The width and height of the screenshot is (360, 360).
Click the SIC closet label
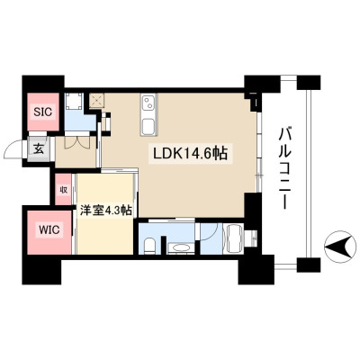42,112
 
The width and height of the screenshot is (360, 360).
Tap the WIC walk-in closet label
49,230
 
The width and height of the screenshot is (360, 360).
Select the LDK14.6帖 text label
190,154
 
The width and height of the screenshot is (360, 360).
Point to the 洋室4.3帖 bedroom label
105,211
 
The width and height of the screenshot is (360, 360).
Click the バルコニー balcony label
284,168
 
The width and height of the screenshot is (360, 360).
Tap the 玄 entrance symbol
39,148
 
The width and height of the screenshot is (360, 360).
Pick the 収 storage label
64,190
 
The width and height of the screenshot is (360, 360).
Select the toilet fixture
148,246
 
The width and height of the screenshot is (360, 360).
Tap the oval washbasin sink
179,248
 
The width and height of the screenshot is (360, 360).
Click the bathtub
236,238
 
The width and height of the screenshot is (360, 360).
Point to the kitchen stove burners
148,103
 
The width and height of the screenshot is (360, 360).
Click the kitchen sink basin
148,126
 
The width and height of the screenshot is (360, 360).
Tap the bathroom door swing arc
211,232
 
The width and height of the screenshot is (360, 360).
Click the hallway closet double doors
76,143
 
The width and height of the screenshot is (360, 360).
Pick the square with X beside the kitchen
97,100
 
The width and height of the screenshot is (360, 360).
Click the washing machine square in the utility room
74,101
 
